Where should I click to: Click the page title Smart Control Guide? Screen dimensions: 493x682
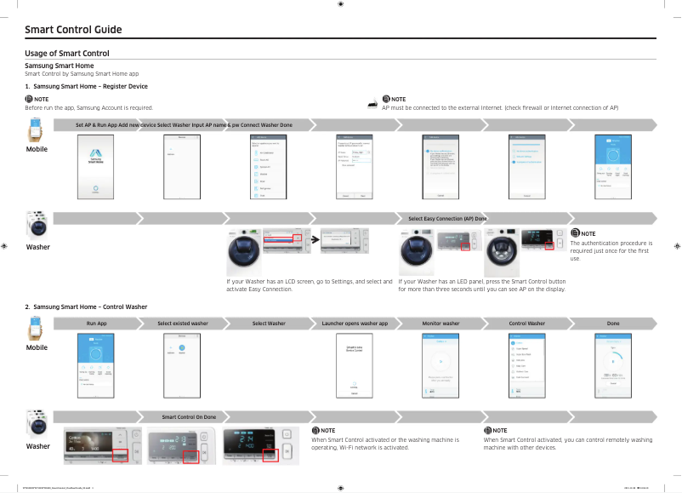click(x=73, y=30)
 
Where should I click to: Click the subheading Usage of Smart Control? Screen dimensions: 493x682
click(x=67, y=54)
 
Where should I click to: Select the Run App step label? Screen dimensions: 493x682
click(x=96, y=324)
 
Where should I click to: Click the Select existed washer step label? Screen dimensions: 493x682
click(x=182, y=324)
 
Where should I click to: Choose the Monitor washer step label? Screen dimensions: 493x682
click(x=440, y=324)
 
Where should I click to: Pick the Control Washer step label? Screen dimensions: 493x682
click(x=526, y=324)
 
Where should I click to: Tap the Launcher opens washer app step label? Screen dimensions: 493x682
click(x=355, y=324)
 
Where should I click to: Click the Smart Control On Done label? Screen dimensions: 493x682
click(x=189, y=416)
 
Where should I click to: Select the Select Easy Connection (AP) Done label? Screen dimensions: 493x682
click(x=447, y=219)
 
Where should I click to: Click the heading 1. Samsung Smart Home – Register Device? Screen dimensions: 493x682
click(x=86, y=86)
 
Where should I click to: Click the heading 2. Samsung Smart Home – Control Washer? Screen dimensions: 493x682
click(x=86, y=306)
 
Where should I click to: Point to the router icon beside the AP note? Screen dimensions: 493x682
click(x=372, y=103)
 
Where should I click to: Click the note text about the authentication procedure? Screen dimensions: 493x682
click(x=610, y=250)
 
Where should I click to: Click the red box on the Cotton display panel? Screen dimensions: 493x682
click(x=119, y=456)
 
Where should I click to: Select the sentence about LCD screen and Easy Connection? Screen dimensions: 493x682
click(x=310, y=285)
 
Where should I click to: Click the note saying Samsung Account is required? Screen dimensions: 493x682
click(x=89, y=108)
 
